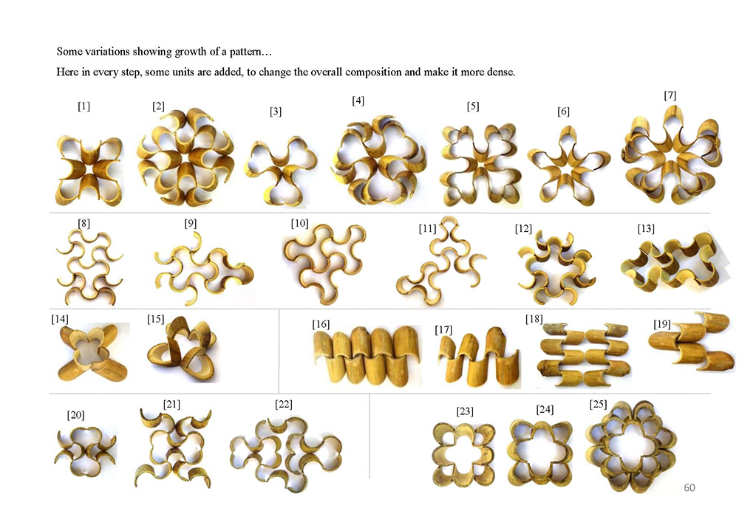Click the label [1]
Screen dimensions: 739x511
pyautogui.click(x=84, y=106)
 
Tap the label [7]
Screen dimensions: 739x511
pyautogui.click(x=670, y=95)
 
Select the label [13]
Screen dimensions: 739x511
pyautogui.click(x=646, y=229)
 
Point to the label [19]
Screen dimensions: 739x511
pyautogui.click(x=661, y=324)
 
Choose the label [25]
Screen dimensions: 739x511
pyautogui.click(x=598, y=405)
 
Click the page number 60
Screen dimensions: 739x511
pyautogui.click(x=689, y=488)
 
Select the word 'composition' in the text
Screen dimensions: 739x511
pyautogui.click(x=373, y=72)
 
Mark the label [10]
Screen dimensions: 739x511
pyautogui.click(x=300, y=224)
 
